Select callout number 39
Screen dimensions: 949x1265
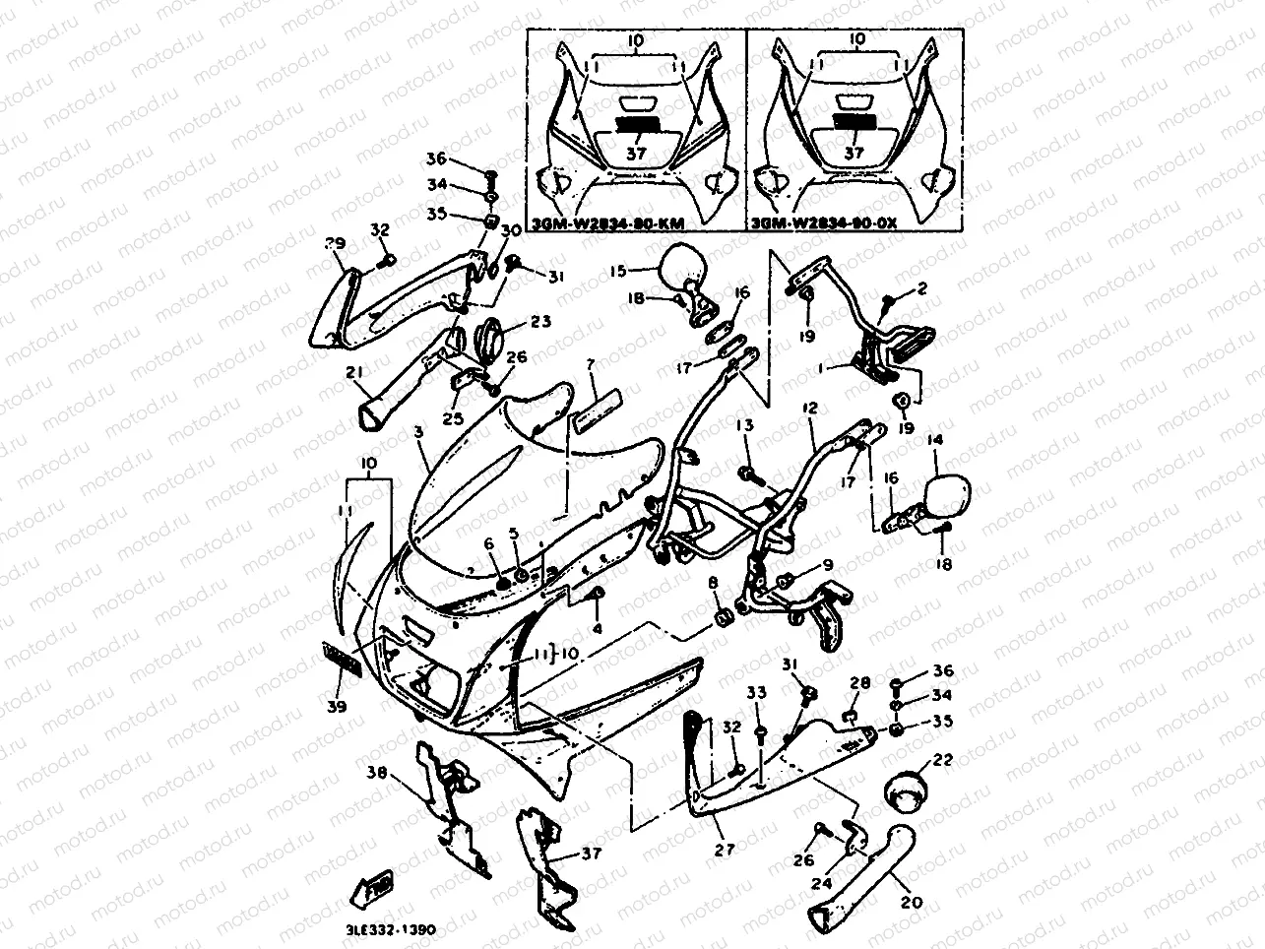[x=339, y=708]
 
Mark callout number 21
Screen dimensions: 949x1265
[x=354, y=372]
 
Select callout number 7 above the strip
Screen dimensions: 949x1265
[x=591, y=365]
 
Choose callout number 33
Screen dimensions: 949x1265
[x=756, y=693]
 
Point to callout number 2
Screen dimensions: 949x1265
[x=921, y=288]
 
